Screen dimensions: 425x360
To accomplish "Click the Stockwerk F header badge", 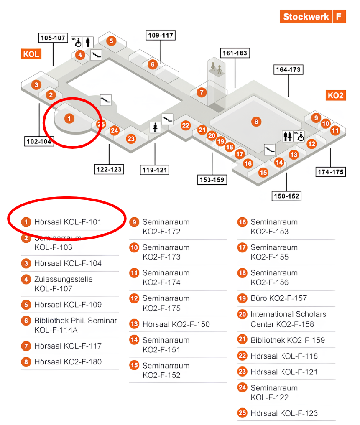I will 313,17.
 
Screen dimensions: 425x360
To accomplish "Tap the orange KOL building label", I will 31,54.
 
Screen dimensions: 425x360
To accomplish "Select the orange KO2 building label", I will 335,95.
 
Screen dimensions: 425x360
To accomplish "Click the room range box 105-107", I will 53,38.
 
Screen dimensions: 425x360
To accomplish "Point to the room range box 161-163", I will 234,53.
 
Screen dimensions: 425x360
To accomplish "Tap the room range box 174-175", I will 330,172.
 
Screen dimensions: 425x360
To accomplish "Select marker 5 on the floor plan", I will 111,41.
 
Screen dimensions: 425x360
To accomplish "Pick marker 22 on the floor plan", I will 186,125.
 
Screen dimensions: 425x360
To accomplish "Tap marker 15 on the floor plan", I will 263,172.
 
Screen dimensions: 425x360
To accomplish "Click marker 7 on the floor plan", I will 202,92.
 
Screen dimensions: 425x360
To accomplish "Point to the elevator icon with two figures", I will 217,68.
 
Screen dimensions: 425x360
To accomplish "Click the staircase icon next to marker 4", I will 97,54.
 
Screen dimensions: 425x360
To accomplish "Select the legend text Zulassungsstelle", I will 64,279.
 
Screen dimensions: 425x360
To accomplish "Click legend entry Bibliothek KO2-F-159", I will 288,340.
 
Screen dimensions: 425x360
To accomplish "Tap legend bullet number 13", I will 134,324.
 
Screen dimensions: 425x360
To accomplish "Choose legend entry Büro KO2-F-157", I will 278,298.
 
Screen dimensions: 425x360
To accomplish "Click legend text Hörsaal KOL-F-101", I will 68,222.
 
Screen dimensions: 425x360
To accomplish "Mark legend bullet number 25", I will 243,413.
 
